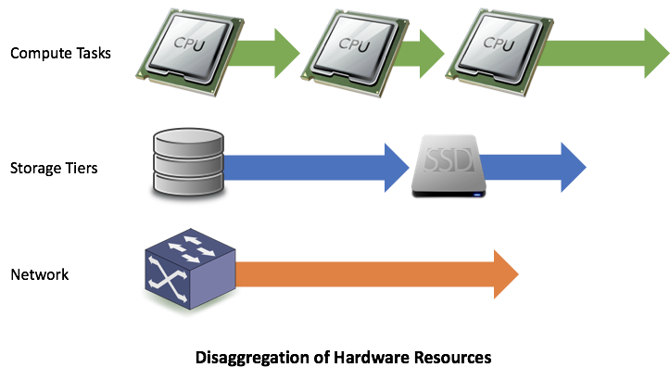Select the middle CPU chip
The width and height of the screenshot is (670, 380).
[353, 48]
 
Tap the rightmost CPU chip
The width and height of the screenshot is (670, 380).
[497, 48]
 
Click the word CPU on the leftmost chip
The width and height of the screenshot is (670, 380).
[192, 43]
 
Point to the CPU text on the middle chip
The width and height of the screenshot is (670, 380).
[354, 44]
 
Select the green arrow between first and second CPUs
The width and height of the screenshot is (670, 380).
[273, 53]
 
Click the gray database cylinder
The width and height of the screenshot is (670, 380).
[188, 165]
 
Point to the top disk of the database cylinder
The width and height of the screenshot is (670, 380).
[188, 141]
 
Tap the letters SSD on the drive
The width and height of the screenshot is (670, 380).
[449, 162]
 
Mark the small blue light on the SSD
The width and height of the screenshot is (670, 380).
[477, 194]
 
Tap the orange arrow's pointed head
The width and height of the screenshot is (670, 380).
[506, 274]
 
